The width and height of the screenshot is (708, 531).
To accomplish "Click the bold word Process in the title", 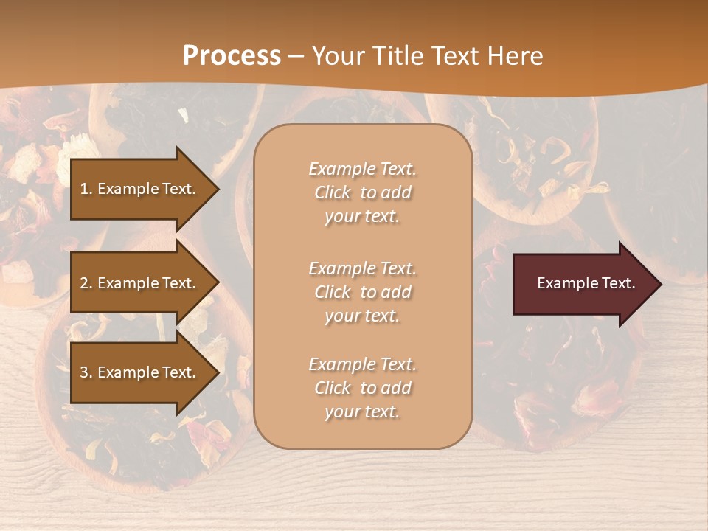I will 232,56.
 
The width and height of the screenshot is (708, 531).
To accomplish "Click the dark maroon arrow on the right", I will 583,284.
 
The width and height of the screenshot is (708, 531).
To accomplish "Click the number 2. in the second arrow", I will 86,283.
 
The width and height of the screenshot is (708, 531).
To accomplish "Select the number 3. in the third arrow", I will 86,372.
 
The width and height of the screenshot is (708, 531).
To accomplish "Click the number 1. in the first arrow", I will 86,189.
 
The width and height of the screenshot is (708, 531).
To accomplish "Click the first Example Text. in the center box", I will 362,169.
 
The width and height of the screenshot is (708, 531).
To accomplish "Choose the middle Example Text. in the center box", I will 362,268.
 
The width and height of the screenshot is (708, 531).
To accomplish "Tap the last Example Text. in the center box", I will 362,364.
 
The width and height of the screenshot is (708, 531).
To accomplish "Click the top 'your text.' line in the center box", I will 362,217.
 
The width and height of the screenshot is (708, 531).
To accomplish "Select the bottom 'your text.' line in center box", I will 362,412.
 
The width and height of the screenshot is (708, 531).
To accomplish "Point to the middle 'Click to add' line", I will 362,292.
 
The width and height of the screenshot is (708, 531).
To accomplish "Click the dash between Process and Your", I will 296,57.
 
